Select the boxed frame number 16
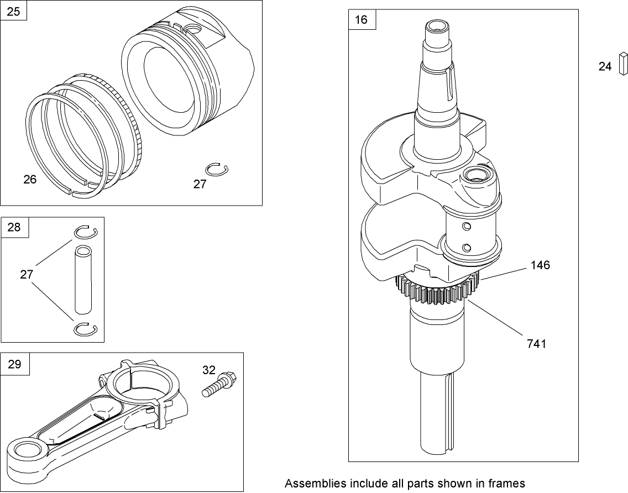pos(361,20)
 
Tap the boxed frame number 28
pos(14,227)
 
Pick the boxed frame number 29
pos(14,363)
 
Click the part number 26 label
pos(30,180)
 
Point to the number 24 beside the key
pos(605,66)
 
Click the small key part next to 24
pos(622,62)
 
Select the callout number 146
pos(540,265)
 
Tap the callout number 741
pos(536,344)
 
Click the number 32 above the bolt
pos(209,370)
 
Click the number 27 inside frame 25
pos(200,185)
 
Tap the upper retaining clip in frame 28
pos(86,233)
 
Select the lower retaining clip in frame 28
pos(86,328)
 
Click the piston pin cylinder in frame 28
pos(83,280)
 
